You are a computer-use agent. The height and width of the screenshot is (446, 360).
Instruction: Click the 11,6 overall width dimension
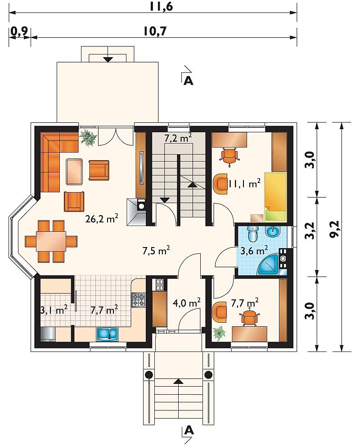click(161, 6)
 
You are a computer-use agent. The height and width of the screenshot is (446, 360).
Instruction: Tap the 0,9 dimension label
click(19, 32)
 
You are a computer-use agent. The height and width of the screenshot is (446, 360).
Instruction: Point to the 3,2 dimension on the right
click(311, 230)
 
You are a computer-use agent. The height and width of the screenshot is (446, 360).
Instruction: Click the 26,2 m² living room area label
click(102, 219)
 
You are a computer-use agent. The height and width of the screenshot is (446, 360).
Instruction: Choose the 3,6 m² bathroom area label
click(254, 250)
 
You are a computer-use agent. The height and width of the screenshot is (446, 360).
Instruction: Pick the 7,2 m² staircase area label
click(178, 139)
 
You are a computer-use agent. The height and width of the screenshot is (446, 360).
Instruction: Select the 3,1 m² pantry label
click(54, 310)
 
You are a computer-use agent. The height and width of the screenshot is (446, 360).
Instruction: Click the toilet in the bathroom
click(252, 234)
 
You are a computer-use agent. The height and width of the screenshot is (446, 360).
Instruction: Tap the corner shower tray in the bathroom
click(268, 265)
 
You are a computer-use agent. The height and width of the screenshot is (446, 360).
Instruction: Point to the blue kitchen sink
click(107, 334)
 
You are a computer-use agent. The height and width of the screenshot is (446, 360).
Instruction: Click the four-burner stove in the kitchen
click(139, 300)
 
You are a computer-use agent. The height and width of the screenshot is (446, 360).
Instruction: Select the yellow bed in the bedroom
click(275, 197)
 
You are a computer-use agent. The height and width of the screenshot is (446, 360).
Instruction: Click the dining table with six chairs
click(51, 241)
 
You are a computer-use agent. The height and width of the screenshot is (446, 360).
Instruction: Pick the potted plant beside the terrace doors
click(89, 138)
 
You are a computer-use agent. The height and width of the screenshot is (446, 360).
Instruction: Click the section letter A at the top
click(189, 81)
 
